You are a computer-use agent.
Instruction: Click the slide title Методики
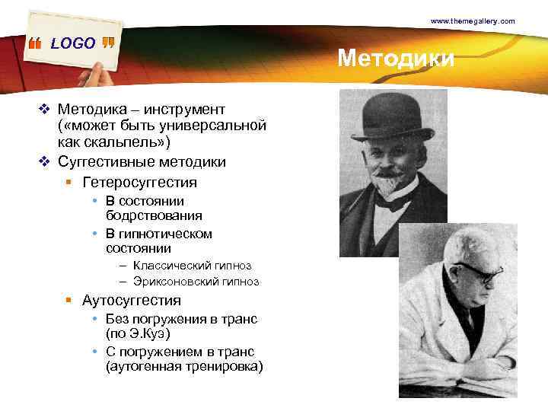click(x=396, y=59)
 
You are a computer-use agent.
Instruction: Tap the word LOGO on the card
click(x=73, y=43)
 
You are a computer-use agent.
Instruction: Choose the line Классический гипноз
click(x=192, y=266)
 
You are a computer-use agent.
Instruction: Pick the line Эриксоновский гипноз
click(x=196, y=282)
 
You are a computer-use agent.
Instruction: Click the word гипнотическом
click(x=166, y=234)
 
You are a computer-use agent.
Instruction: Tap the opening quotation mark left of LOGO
click(x=36, y=45)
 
